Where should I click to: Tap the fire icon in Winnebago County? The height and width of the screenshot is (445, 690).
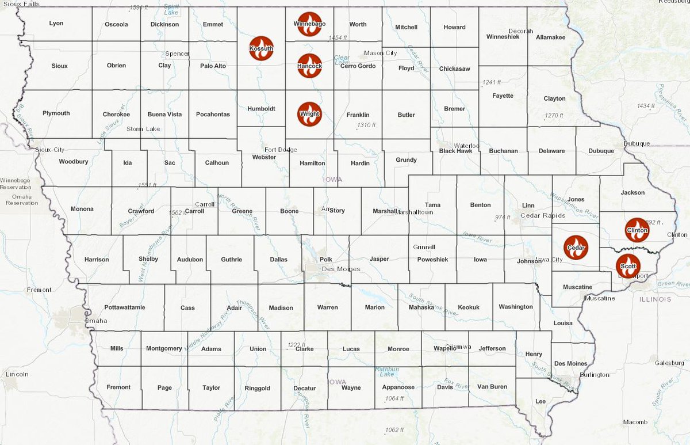[309, 24]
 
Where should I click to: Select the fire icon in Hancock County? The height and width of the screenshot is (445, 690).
[309, 66]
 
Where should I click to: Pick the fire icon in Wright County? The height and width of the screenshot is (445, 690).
[309, 114]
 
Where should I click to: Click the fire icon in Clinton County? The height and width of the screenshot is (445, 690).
[637, 230]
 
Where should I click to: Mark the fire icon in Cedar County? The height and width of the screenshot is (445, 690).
[576, 248]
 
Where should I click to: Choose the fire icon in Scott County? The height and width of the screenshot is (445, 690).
[628, 266]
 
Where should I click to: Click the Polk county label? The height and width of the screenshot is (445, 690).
[326, 260]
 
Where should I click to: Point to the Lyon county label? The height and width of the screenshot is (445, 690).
[56, 24]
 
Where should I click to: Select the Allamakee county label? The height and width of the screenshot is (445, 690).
[550, 37]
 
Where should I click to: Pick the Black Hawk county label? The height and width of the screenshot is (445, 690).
[455, 151]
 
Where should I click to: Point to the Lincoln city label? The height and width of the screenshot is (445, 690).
[17, 374]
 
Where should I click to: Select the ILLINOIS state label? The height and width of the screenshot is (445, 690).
[654, 299]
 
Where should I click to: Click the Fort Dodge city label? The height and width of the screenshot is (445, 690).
[281, 150]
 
